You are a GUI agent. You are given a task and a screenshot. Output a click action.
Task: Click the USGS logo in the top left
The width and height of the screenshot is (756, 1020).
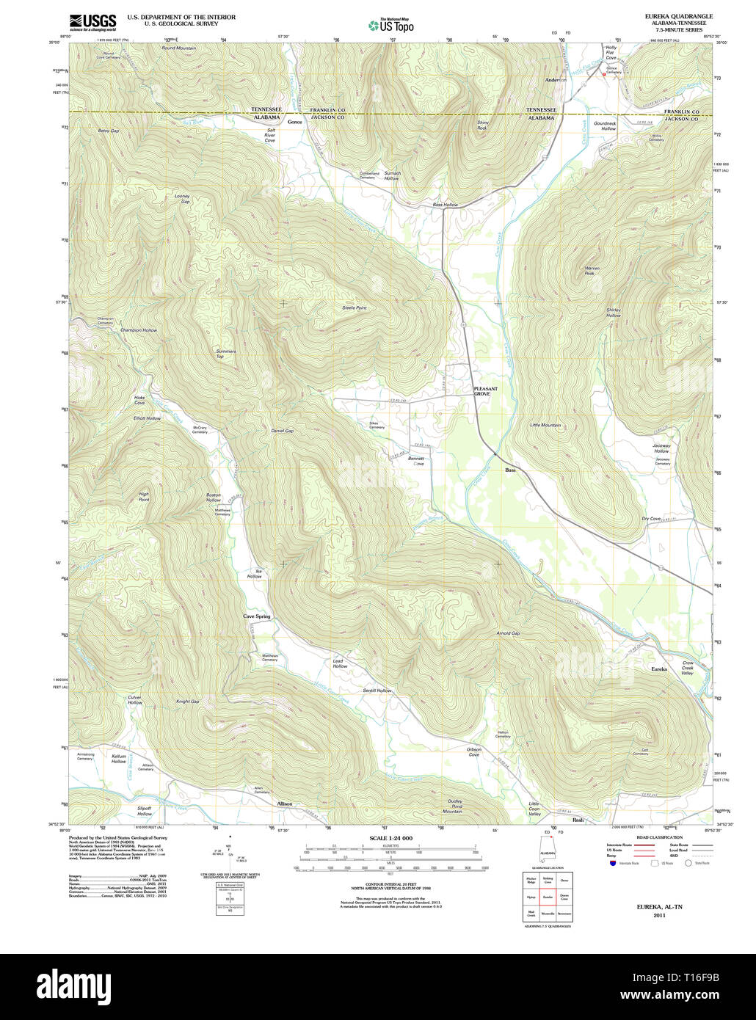coord(92,21)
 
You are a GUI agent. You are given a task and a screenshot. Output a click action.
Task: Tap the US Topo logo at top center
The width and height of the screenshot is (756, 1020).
coord(391,25)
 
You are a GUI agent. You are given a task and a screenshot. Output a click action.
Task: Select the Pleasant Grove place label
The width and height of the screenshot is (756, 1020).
coord(485,391)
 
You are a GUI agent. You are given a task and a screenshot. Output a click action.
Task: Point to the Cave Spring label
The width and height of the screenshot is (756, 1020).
coord(257,616)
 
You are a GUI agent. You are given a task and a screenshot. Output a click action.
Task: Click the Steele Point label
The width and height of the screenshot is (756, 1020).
coord(354,308)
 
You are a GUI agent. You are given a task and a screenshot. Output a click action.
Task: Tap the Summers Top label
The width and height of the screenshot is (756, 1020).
coord(225,354)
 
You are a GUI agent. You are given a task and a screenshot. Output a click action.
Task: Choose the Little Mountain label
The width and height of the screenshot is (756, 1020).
coord(545,426)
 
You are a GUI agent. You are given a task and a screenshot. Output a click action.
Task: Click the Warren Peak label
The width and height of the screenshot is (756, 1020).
coord(592,271)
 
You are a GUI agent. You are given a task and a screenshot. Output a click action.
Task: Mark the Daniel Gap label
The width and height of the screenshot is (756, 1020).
coord(282,431)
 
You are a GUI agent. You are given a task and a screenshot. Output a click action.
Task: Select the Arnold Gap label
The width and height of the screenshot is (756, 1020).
coord(507,633)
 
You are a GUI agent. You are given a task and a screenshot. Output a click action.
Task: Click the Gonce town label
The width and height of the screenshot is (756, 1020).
coord(294,122)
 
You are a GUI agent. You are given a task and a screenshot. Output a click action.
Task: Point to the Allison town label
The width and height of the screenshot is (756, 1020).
coord(284,804)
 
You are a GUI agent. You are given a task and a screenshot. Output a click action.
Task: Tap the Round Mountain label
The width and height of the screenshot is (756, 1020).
coord(178,48)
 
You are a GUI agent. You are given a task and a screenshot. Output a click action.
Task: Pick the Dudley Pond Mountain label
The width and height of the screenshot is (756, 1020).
coord(453,806)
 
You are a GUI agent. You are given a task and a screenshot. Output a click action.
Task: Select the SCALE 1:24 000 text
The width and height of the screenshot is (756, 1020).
coord(390,838)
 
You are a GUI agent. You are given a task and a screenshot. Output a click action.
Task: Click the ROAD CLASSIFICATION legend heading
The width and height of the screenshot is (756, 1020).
coord(658,837)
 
